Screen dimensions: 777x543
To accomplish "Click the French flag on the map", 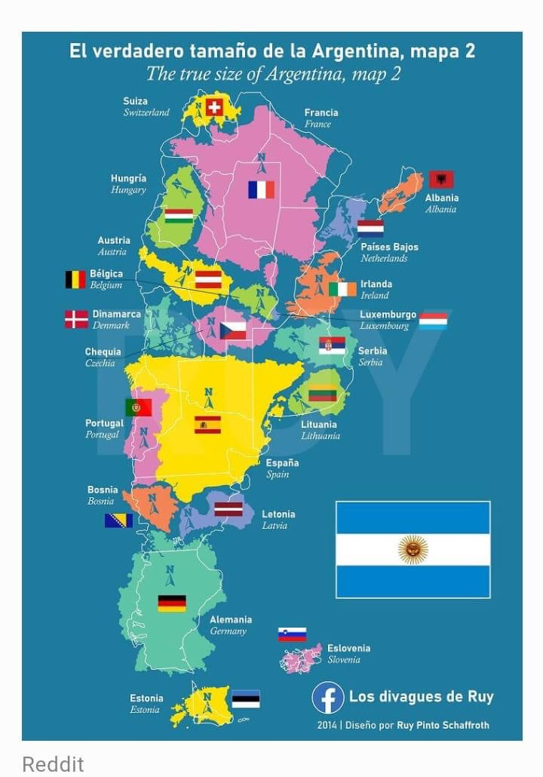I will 261,189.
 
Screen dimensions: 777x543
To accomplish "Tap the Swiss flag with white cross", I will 214,108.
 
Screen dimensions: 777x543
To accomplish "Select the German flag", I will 172,603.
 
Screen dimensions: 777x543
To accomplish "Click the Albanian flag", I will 441,180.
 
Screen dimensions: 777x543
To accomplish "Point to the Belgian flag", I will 75,280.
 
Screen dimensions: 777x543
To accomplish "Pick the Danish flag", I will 76,319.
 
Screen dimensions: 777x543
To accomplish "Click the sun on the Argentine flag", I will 413,550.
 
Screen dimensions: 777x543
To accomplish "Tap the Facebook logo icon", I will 328,698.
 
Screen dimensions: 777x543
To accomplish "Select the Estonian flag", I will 246,699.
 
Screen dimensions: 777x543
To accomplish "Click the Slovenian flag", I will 292,634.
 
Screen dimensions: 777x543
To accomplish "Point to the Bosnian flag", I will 118,521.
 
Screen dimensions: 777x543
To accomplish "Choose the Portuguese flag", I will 138,407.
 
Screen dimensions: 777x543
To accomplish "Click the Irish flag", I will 342,289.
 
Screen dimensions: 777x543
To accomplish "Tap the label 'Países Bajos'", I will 389,247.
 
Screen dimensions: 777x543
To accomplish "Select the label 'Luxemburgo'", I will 388,315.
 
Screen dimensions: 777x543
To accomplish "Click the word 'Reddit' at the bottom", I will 53,763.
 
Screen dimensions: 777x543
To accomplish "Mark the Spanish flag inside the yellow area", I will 207,425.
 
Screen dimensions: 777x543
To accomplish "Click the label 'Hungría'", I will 128,179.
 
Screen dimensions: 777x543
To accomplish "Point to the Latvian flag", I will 227,509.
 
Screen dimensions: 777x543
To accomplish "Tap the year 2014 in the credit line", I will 327,725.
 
